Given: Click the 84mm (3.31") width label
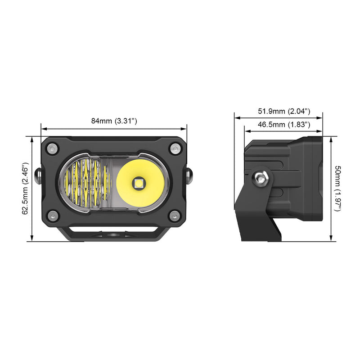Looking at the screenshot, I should [x=114, y=121].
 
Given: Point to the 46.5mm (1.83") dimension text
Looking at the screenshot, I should [x=284, y=124].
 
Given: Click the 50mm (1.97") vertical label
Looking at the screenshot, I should [x=339, y=188].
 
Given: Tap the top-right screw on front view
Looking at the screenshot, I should [x=175, y=148].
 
